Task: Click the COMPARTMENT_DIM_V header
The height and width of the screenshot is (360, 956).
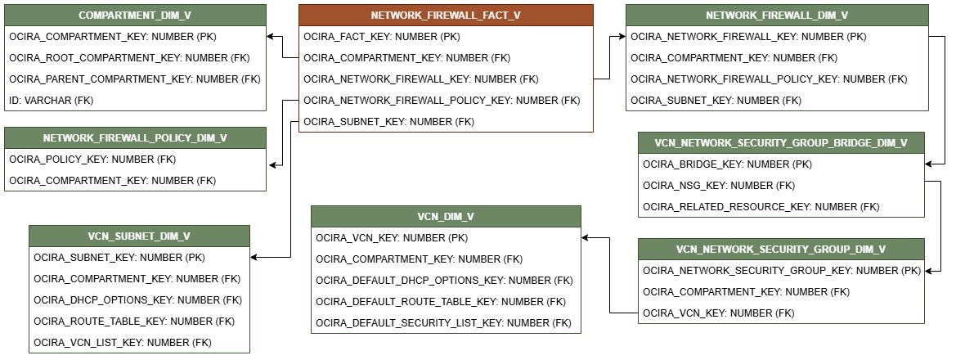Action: click(135, 16)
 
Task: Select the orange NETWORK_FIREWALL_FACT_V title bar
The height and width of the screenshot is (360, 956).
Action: click(446, 16)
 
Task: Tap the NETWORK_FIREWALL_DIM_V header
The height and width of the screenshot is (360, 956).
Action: click(777, 16)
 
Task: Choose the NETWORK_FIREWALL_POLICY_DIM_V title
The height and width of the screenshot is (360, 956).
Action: click(135, 138)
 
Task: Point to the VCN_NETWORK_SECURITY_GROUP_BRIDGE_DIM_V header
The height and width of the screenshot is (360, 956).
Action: click(781, 143)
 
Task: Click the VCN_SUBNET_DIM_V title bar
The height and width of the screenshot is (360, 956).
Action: click(139, 236)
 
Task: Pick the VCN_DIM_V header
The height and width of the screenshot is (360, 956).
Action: click(446, 217)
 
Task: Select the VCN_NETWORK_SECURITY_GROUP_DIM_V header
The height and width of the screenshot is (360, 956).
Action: click(781, 250)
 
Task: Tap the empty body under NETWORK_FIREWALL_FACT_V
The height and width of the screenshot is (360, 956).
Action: click(446, 79)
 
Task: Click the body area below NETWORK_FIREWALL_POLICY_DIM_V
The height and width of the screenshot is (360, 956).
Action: click(135, 169)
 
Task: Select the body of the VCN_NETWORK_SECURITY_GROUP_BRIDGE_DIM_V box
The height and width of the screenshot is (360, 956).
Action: click(781, 185)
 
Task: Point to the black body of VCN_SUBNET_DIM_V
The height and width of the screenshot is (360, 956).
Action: click(139, 299)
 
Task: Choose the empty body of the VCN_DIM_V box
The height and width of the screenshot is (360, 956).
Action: click(446, 280)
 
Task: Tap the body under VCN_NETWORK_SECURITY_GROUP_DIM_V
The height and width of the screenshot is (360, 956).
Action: click(781, 291)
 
